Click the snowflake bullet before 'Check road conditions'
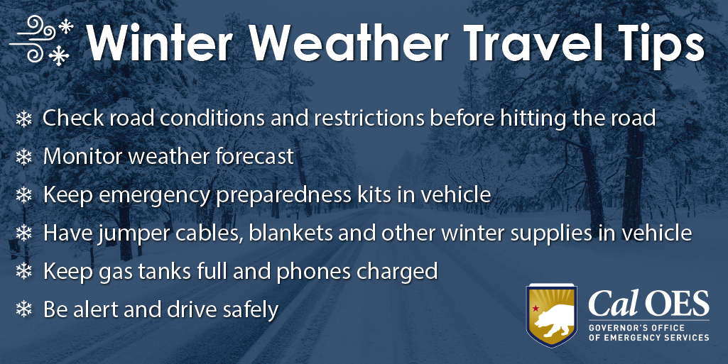pyautogui.click(x=24, y=119)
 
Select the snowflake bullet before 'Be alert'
pyautogui.click(x=24, y=310)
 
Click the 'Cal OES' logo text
pyautogui.click(x=648, y=304)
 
